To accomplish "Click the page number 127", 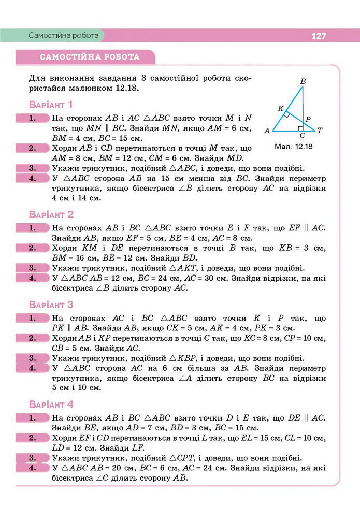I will click(319, 36).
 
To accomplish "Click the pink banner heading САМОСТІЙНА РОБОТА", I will click(90, 57).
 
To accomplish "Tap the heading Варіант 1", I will click(51, 105).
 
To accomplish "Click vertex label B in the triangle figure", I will click(303, 81).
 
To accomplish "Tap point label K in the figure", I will click(280, 109).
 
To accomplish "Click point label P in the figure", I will click(308, 120).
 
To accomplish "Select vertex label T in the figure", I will click(320, 131).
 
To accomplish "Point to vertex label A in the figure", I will click(267, 131).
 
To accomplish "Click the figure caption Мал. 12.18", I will click(294, 147).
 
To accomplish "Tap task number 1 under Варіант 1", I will click(32, 118).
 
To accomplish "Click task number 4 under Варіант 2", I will click(32, 278).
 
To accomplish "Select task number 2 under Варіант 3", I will click(32, 338).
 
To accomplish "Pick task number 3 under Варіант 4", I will click(32, 457).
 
